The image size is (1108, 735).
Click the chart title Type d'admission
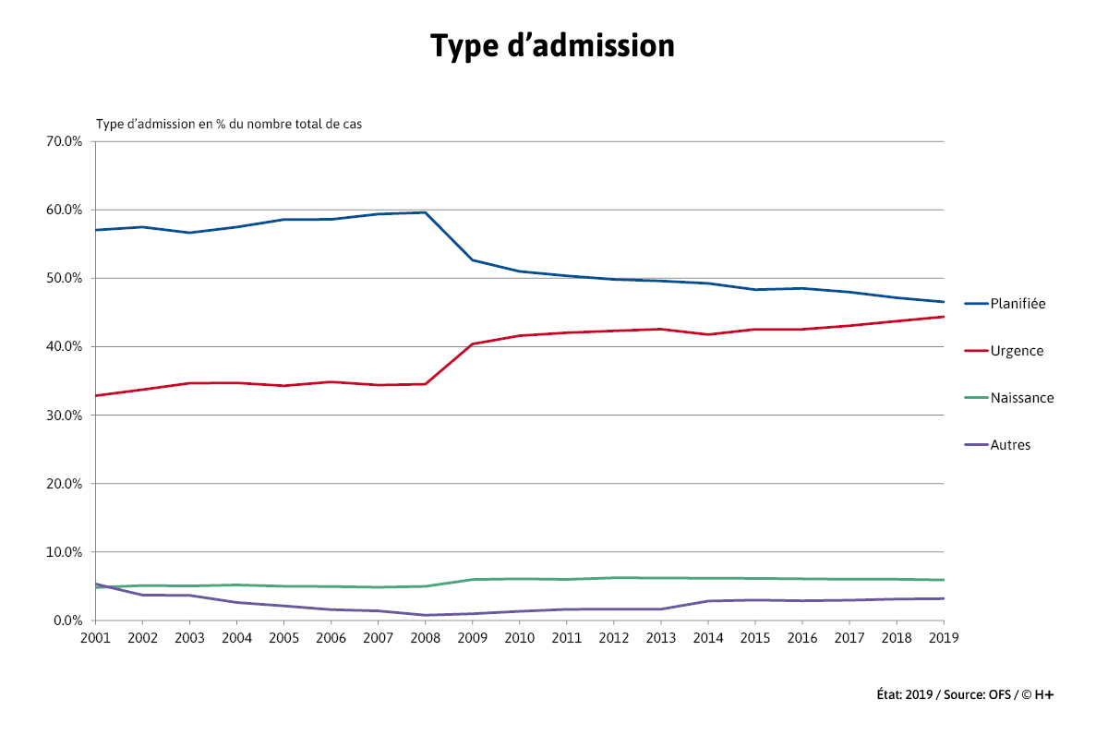point(552,45)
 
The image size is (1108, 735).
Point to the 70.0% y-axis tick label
point(64,141)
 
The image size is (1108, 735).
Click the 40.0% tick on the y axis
point(64,346)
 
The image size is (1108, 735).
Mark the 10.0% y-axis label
point(64,552)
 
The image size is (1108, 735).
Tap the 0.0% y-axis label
point(67,621)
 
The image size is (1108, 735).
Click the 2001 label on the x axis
point(94,637)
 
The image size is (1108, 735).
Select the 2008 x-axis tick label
point(425,637)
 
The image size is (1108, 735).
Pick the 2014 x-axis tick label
point(707,637)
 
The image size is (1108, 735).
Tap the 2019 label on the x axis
point(943,637)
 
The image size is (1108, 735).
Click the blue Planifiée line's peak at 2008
point(425,212)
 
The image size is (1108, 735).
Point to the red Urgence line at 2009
point(472,343)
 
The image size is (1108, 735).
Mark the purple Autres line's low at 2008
point(425,615)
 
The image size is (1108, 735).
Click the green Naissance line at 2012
point(613,578)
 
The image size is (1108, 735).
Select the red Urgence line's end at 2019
point(943,317)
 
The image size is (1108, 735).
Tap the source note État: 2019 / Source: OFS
point(964,694)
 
